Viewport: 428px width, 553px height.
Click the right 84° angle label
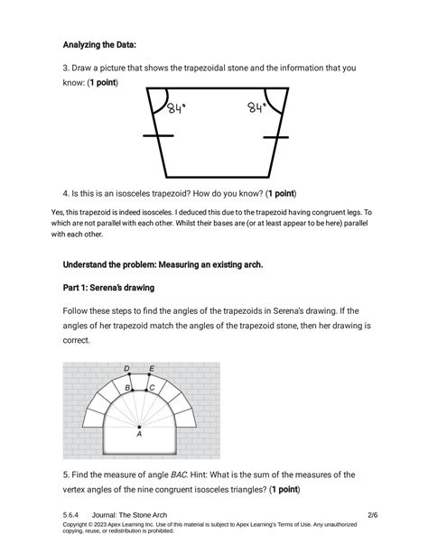click(x=258, y=108)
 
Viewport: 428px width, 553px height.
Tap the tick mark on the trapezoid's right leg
click(x=276, y=137)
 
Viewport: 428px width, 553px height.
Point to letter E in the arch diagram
click(x=151, y=368)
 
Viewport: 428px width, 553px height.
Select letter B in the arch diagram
click(x=128, y=387)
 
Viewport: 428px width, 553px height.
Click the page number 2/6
click(x=373, y=514)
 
